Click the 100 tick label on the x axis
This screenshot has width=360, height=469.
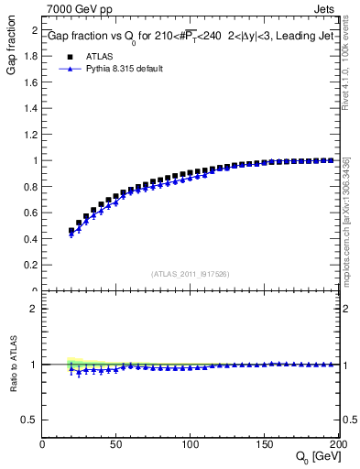(191, 443)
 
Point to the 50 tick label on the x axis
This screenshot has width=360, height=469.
(116, 443)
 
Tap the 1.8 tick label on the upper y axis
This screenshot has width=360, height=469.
(29, 56)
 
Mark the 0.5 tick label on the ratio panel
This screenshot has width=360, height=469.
(29, 420)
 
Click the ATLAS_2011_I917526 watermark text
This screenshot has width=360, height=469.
(191, 274)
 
